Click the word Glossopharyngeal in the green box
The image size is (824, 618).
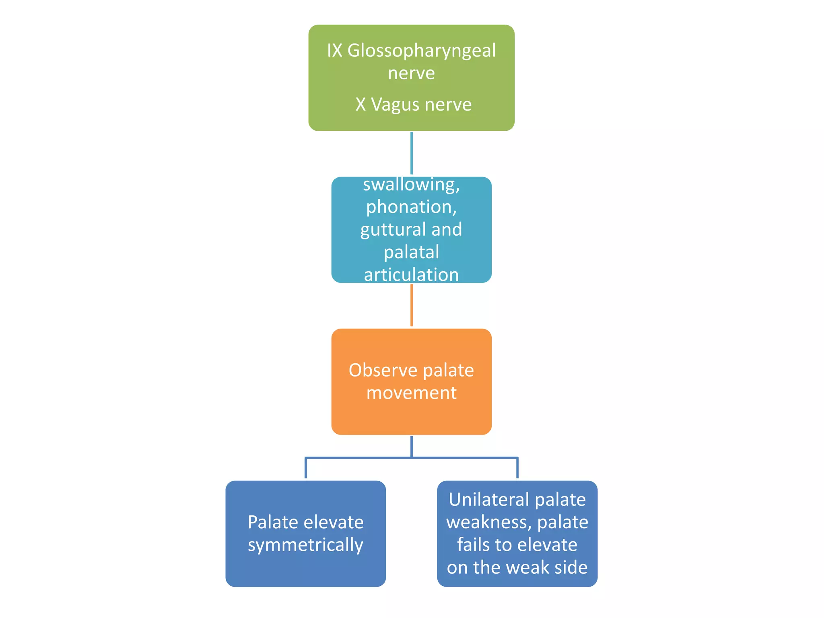tap(421, 51)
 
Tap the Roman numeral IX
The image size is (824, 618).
tap(334, 51)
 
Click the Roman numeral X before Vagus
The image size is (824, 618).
tap(360, 105)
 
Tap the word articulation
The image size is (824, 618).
tap(411, 275)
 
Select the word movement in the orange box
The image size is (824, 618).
tap(411, 393)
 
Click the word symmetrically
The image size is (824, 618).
tap(305, 545)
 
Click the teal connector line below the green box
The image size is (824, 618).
tap(411, 153)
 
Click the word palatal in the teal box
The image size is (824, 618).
tap(411, 253)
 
